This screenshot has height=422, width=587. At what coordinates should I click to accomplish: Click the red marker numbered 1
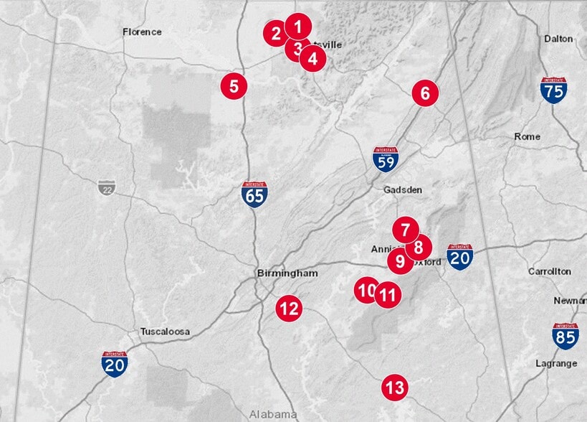click(x=298, y=27)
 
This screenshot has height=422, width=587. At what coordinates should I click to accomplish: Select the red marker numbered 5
click(x=234, y=85)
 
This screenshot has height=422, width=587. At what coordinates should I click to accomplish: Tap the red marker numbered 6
click(x=425, y=93)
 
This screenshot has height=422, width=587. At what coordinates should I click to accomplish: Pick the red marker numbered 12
click(x=289, y=309)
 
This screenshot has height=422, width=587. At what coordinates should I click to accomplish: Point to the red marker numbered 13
click(x=393, y=388)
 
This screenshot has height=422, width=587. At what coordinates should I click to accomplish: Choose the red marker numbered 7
click(x=405, y=230)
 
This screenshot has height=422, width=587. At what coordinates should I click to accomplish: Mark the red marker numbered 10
click(x=366, y=290)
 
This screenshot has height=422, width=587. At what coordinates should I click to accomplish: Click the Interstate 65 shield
click(x=254, y=194)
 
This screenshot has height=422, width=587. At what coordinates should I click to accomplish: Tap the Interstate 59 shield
click(x=386, y=159)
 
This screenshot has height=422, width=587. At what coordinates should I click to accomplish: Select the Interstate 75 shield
click(x=554, y=89)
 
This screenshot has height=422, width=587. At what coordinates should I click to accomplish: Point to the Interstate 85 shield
click(x=565, y=335)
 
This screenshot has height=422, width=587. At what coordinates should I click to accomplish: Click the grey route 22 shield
click(x=106, y=187)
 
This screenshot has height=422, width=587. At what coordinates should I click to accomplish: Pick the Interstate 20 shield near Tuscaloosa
click(x=115, y=364)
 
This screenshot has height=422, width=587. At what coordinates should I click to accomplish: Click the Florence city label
click(x=142, y=32)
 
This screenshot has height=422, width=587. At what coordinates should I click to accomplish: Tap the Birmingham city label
click(x=287, y=273)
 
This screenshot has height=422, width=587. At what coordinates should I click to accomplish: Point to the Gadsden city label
click(x=403, y=189)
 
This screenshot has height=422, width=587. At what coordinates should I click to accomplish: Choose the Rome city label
click(x=527, y=136)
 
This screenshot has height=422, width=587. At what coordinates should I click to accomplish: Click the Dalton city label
click(x=558, y=38)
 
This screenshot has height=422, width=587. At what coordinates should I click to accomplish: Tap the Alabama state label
click(x=272, y=414)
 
